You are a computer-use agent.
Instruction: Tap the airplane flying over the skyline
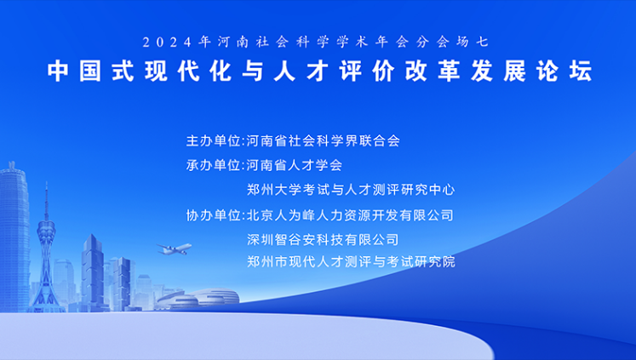[175, 249]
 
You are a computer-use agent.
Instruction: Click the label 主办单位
[214, 140]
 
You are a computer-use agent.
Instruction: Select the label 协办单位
[214, 215]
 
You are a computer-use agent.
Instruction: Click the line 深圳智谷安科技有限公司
[323, 240]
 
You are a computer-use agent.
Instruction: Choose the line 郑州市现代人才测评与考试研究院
[351, 261]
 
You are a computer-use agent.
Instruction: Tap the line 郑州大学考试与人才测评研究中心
[351, 190]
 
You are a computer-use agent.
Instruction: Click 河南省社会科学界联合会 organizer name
[324, 140]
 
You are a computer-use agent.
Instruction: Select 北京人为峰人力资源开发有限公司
[350, 215]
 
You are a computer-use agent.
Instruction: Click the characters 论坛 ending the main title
[564, 71]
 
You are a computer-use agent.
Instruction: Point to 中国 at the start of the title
[74, 71]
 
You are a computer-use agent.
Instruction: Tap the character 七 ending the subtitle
[484, 43]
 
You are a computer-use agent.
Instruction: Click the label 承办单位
[214, 165]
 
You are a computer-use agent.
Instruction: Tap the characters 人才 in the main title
[301, 71]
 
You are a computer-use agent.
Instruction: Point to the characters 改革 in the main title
[433, 71]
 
